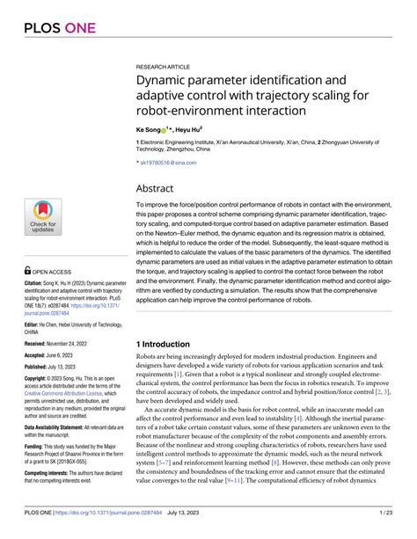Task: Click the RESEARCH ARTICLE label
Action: point(164,67)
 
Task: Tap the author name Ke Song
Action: point(149,128)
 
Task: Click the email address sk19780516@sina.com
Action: point(170,163)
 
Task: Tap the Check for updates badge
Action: point(41,216)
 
